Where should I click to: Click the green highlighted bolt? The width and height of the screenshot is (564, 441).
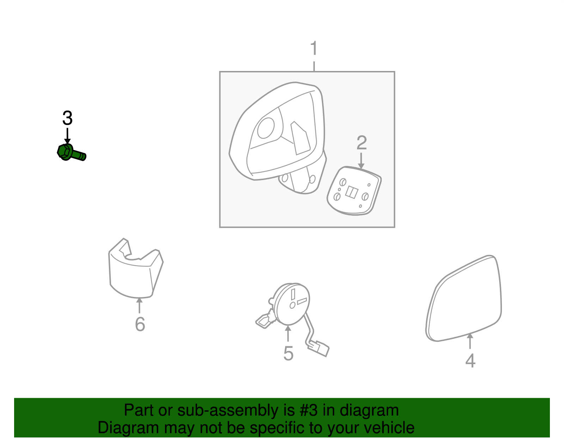click(x=70, y=153)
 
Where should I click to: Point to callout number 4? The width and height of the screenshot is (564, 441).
click(x=470, y=361)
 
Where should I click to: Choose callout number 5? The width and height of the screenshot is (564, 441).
click(x=288, y=353)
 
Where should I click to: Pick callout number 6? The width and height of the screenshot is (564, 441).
click(x=140, y=324)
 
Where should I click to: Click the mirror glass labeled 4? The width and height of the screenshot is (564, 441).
click(x=464, y=298)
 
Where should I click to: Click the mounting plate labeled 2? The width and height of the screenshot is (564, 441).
click(x=354, y=191)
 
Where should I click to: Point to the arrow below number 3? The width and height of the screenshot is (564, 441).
click(x=67, y=136)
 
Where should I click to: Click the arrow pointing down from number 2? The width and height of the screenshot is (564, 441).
click(x=361, y=161)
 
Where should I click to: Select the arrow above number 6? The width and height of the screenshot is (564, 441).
click(x=139, y=306)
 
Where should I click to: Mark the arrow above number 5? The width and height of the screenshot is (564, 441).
click(x=288, y=333)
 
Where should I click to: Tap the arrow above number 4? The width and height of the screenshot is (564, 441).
click(x=470, y=341)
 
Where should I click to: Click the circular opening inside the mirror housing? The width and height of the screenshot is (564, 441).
click(x=266, y=128)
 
